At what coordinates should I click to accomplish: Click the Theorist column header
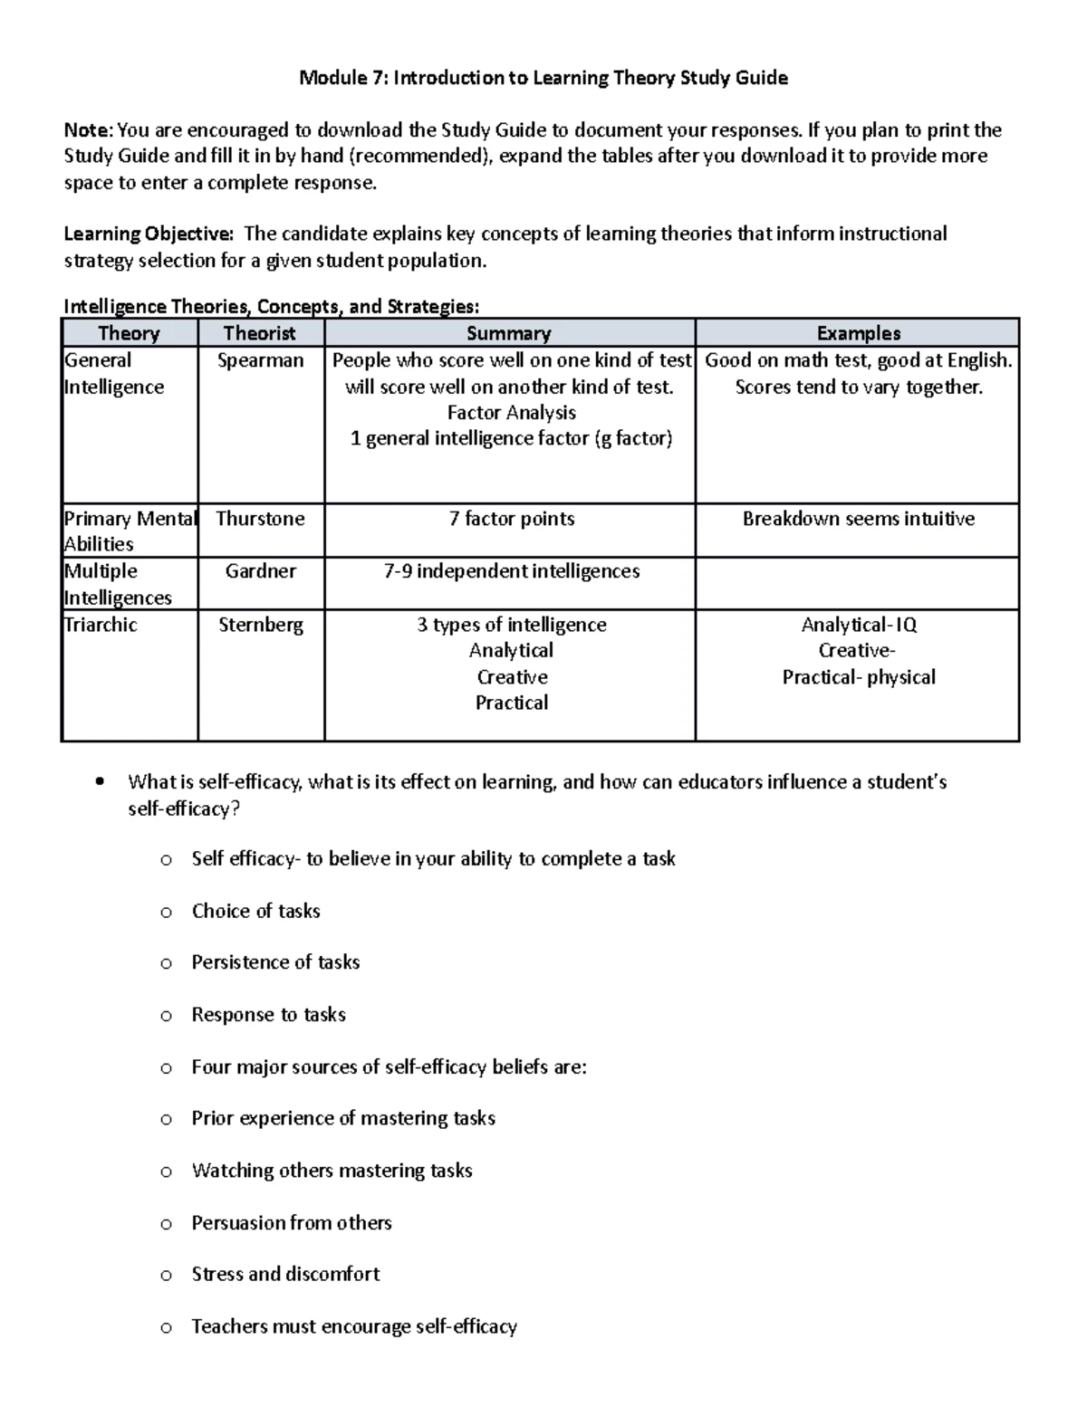(x=260, y=333)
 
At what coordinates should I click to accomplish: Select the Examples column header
(x=858, y=333)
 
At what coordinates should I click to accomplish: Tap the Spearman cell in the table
(x=260, y=360)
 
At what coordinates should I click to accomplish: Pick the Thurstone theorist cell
(x=260, y=519)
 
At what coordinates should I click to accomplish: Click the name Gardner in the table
(x=260, y=571)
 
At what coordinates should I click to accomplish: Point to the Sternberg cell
(x=260, y=625)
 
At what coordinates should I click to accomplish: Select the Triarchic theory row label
(x=101, y=625)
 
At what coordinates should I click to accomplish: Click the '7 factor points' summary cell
(x=511, y=519)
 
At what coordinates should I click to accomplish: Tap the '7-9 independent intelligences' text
(x=512, y=571)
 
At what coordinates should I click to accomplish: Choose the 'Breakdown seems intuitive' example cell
(x=858, y=519)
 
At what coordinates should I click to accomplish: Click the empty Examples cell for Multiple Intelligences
(x=857, y=583)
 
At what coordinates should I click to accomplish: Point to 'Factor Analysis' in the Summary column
(x=512, y=413)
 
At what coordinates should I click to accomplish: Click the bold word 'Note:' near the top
(x=89, y=130)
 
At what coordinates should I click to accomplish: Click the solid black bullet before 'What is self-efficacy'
(x=101, y=781)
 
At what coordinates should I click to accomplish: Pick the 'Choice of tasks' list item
(x=255, y=911)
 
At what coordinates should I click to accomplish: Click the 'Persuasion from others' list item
(x=292, y=1223)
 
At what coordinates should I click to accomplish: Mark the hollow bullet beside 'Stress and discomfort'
(x=166, y=1276)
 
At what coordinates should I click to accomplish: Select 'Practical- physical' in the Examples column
(x=859, y=677)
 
